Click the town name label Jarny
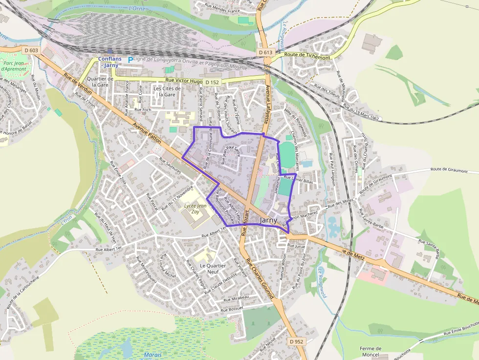click(x=269, y=220)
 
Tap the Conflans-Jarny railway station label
click(x=109, y=62)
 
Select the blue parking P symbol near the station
click(x=130, y=60)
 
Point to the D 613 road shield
click(x=265, y=52)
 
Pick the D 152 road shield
click(x=212, y=82)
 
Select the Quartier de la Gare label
click(x=100, y=82)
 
